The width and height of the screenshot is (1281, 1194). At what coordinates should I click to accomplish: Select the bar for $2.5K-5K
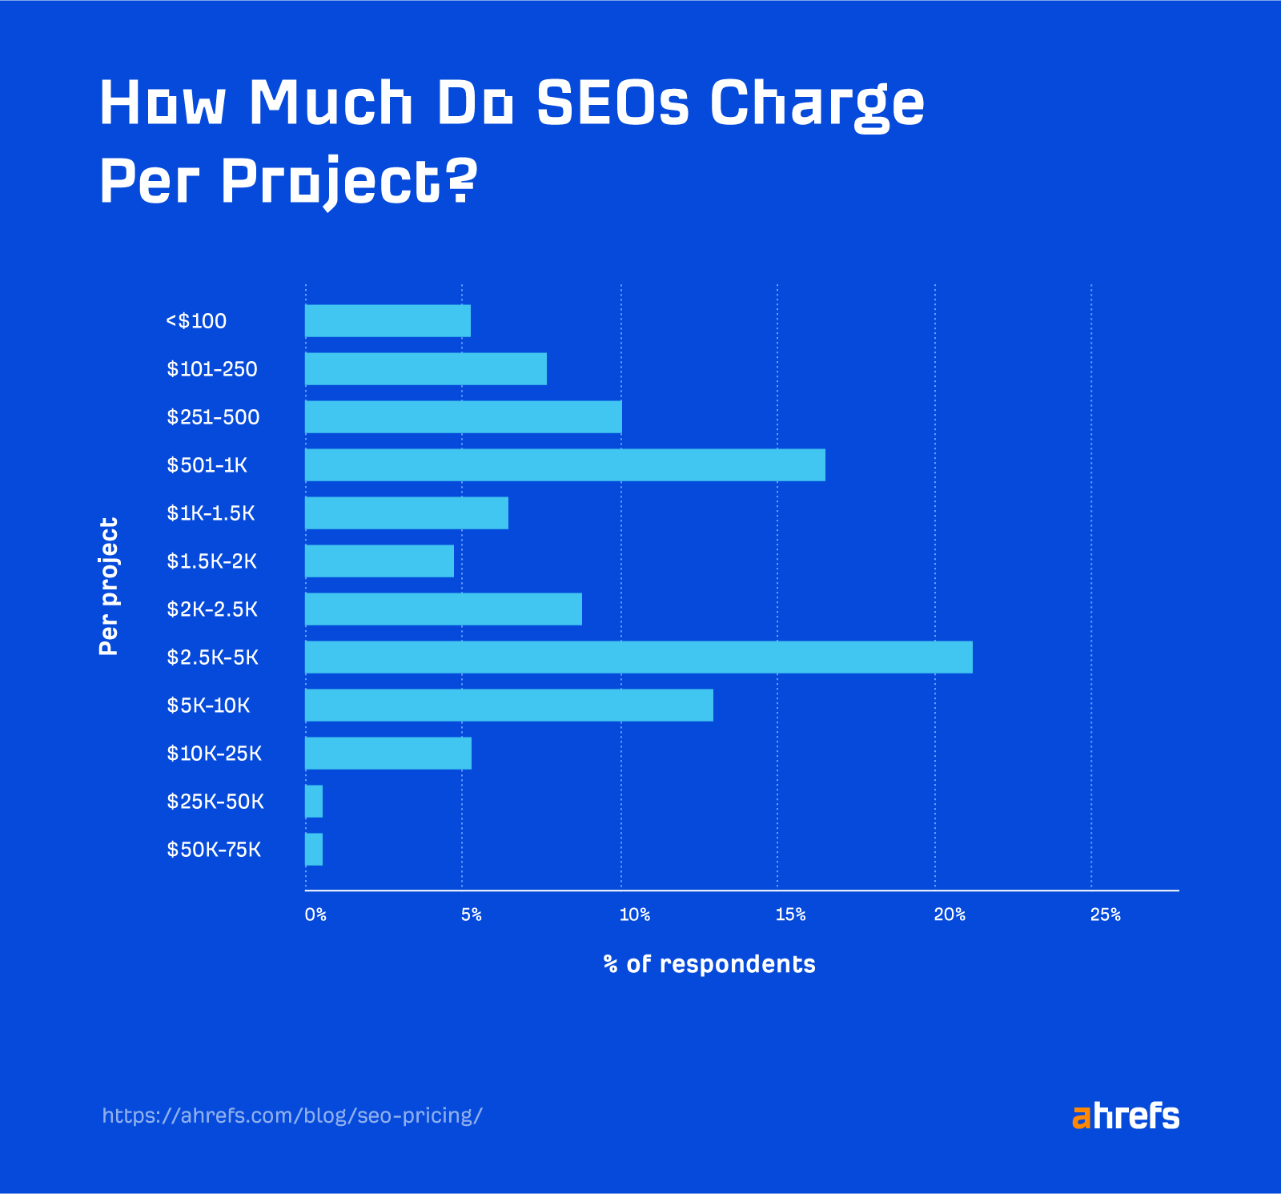click(638, 657)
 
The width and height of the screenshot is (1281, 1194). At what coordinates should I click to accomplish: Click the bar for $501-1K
click(564, 464)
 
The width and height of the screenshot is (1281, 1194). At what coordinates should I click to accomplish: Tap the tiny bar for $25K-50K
click(314, 801)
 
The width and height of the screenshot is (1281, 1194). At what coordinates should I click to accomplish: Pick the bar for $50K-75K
click(314, 849)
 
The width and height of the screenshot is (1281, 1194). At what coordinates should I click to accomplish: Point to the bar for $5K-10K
click(508, 705)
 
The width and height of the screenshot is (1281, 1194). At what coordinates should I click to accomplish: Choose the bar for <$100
click(388, 320)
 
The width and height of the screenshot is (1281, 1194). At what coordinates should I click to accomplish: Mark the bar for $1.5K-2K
click(379, 561)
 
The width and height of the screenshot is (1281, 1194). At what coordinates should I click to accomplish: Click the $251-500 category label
click(213, 417)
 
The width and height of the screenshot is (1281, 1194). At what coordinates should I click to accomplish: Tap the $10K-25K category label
click(214, 754)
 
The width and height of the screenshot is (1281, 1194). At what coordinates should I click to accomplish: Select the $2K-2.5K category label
click(212, 609)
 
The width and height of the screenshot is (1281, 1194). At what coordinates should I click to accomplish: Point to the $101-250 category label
click(212, 369)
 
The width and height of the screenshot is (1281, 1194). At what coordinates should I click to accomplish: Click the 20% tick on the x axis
click(950, 915)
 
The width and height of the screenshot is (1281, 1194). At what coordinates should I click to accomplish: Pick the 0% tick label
click(315, 915)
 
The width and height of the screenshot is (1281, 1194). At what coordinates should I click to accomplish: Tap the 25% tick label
click(1105, 915)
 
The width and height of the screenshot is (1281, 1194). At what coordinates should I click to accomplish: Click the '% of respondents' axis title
click(709, 964)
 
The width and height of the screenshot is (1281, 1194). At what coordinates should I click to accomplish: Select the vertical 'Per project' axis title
click(109, 586)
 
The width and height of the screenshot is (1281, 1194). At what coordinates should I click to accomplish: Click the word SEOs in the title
click(612, 103)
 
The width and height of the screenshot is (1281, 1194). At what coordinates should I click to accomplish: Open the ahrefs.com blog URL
click(292, 1116)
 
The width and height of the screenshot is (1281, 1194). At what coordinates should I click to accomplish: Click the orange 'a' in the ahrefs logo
click(1082, 1116)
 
